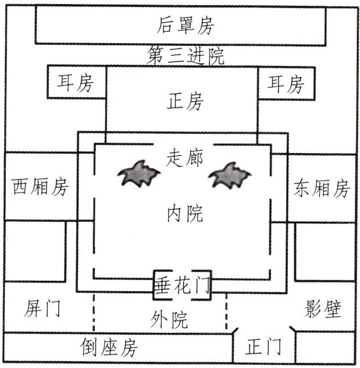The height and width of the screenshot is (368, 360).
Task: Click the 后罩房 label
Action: (x=186, y=26)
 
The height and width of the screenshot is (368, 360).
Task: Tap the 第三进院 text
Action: (x=186, y=56)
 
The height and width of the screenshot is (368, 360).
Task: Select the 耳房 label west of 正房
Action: (x=76, y=83)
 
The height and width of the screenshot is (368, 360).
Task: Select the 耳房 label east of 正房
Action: (x=286, y=84)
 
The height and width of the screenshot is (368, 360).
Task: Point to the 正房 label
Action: (x=185, y=101)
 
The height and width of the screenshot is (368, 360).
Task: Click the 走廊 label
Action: (x=184, y=158)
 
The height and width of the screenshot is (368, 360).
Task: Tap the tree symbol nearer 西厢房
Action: (x=139, y=174)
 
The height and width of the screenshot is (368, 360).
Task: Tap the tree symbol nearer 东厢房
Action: (x=230, y=175)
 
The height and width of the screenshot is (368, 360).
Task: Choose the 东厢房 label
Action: (x=322, y=188)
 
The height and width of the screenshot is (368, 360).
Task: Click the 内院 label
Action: (x=185, y=213)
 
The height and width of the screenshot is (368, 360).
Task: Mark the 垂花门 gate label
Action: (x=183, y=285)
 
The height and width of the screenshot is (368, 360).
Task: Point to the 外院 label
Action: (x=169, y=320)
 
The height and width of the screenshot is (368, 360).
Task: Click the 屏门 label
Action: (x=42, y=308)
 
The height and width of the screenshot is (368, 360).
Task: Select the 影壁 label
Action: (x=323, y=309)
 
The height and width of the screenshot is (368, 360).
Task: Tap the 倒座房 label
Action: (x=109, y=348)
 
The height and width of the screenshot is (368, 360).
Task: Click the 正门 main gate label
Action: (x=263, y=347)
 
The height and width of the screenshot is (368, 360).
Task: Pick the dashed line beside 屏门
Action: (x=94, y=312)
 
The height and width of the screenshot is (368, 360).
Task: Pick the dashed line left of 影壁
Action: (x=226, y=311)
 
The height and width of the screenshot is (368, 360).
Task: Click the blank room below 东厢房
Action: (x=325, y=252)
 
